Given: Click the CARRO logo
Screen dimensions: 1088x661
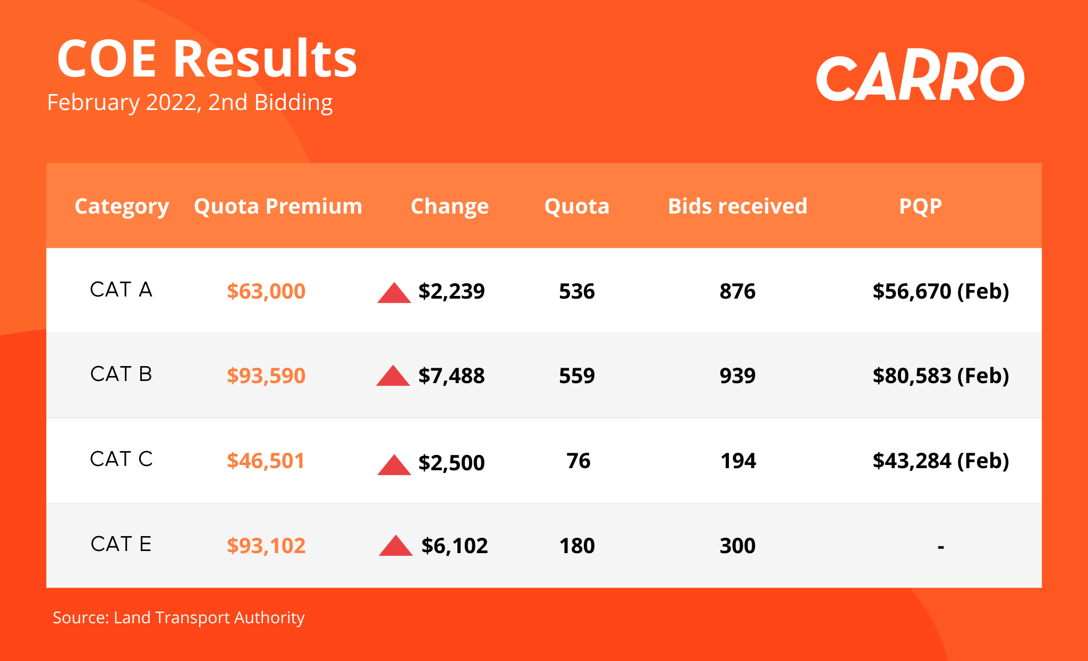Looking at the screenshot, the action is pyautogui.click(x=920, y=78).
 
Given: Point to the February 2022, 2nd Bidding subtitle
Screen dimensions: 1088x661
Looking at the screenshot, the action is pyautogui.click(x=190, y=103).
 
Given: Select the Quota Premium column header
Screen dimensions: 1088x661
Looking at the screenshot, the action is pyautogui.click(x=278, y=206).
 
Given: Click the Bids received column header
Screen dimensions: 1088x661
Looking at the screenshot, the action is pyautogui.click(x=737, y=206).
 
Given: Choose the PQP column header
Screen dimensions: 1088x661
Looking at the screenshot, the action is pyautogui.click(x=920, y=206).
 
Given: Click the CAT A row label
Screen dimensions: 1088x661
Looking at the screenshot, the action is pyautogui.click(x=121, y=290).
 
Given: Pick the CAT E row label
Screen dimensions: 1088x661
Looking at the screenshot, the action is pyautogui.click(x=121, y=544).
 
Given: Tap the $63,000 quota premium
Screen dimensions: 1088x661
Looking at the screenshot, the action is pyautogui.click(x=266, y=291).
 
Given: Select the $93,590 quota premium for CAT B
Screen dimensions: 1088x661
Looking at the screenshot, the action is pyautogui.click(x=266, y=376).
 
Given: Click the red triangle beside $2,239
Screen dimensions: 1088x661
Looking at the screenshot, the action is pyautogui.click(x=394, y=293).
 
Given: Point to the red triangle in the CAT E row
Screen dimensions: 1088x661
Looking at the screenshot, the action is pyautogui.click(x=396, y=546).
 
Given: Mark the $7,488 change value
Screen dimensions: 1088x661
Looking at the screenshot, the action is pyautogui.click(x=452, y=376).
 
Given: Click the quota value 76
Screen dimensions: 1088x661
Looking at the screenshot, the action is pyautogui.click(x=578, y=461).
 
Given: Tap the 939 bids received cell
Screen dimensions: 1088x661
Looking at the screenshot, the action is pyautogui.click(x=737, y=376).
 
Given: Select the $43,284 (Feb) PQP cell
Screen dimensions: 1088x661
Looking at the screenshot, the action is pyautogui.click(x=941, y=461).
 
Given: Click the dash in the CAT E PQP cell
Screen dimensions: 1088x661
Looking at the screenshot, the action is pyautogui.click(x=941, y=547).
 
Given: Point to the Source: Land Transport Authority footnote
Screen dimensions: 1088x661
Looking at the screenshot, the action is pyautogui.click(x=178, y=617).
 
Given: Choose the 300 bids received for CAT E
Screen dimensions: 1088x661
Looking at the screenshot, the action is pyautogui.click(x=737, y=546).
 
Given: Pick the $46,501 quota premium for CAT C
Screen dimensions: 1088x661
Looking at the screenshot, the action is pyautogui.click(x=266, y=461).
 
